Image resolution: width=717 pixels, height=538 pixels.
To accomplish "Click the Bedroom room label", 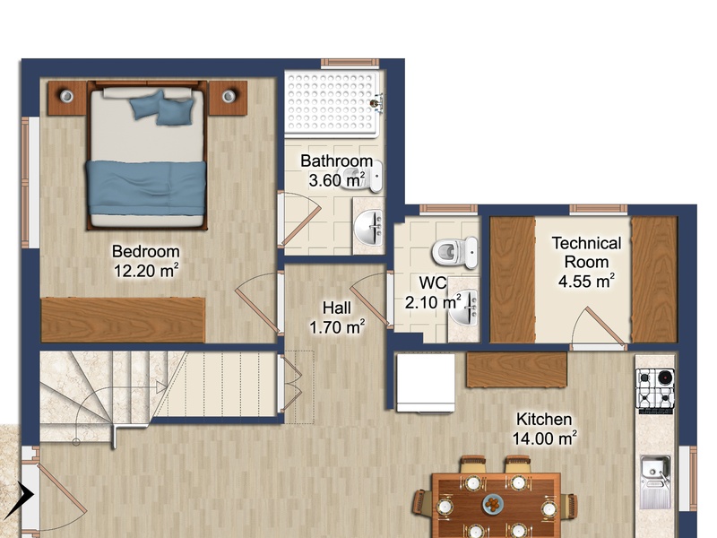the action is coord(146,252).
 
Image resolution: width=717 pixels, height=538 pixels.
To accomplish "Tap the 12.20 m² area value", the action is coord(146,271).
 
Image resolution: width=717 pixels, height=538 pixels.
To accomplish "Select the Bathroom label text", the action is coord(337,161).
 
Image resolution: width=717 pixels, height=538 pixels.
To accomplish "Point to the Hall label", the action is coord(337,308).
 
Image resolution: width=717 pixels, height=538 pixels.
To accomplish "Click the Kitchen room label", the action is coord(544,419).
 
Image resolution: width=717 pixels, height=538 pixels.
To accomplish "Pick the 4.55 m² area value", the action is coord(586,281).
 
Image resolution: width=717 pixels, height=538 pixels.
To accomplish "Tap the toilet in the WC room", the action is coord(454,251).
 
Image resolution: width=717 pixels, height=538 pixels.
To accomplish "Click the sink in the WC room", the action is coord(463,307).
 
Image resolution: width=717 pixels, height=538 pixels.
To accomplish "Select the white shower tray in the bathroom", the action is coord(332,104).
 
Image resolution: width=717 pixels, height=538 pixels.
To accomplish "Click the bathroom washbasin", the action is coord(369,228).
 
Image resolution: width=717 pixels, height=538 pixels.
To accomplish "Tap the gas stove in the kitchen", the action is coord(655,389).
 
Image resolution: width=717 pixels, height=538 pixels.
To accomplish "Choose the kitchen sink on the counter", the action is coord(655,482).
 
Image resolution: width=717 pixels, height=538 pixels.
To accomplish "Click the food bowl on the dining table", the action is coord(494,504).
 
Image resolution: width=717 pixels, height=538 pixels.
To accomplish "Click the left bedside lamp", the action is coord(66,96).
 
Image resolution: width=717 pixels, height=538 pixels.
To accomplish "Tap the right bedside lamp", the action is coord(229,96).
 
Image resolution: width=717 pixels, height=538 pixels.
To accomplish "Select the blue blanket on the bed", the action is coord(146,187).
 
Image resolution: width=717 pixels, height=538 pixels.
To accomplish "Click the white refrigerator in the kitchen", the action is coord(426,383).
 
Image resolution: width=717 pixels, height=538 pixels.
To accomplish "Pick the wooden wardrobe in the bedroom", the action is coord(123,320).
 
